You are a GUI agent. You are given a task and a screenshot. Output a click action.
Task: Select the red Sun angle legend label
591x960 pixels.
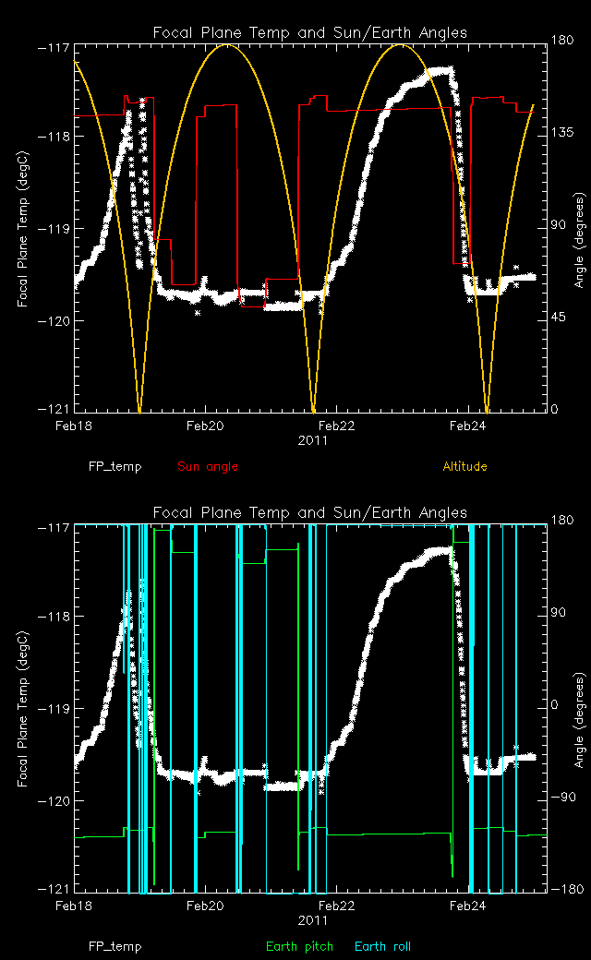tap(208, 466)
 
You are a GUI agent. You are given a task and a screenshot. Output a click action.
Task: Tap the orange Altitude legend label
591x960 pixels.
tap(464, 466)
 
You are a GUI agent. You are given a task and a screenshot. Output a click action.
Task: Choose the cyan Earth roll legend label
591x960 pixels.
tap(382, 946)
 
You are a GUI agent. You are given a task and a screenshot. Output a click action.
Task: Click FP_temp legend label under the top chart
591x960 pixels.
tap(115, 466)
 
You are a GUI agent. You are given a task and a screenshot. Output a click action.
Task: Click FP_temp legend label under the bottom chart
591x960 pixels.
tap(115, 946)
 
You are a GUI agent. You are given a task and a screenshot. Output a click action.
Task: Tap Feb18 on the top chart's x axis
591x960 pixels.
tap(74, 426)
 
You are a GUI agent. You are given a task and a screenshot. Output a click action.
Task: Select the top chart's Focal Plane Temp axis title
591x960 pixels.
tap(23, 227)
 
